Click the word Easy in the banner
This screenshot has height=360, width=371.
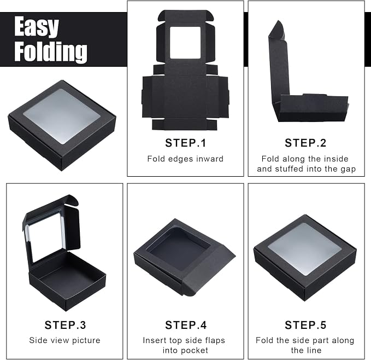tap(37, 27)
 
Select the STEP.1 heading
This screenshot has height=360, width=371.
tap(186, 143)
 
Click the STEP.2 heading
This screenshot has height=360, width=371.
tap(305, 143)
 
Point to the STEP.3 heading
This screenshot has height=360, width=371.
tap(65, 325)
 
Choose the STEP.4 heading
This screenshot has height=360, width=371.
tap(186, 325)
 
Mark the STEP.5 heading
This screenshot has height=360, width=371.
tap(305, 325)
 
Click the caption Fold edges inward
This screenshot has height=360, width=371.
tap(185, 159)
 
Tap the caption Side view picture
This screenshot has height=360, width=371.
tap(64, 340)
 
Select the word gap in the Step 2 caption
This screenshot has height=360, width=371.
tap(348, 169)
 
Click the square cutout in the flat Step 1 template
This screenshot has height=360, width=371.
tap(185, 43)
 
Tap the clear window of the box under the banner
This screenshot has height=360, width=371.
tap(62, 116)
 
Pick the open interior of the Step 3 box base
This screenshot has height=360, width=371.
tap(69, 276)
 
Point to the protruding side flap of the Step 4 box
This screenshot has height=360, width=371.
tap(208, 270)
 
